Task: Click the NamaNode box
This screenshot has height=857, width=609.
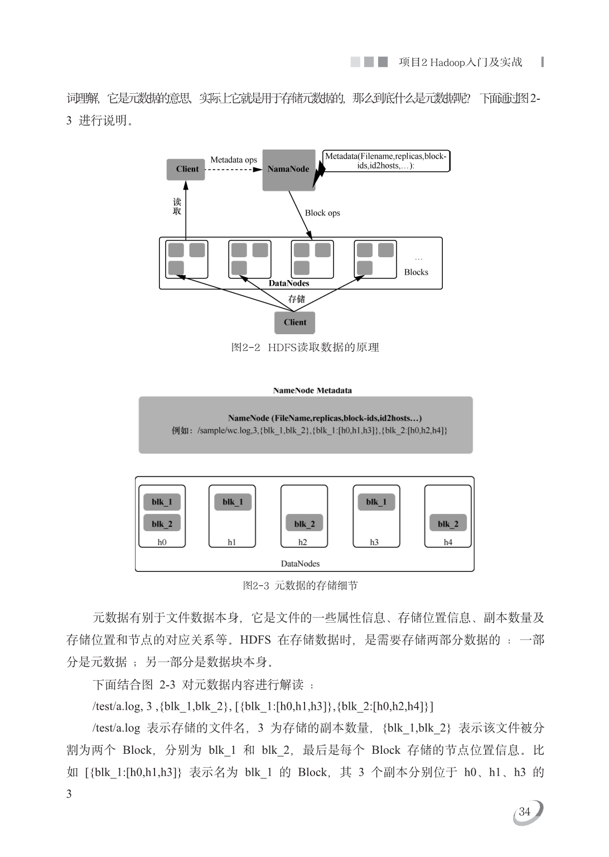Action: (289, 170)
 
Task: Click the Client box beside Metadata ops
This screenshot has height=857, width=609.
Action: (186, 170)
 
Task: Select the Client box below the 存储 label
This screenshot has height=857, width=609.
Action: (294, 322)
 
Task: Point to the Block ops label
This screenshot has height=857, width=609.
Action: (322, 213)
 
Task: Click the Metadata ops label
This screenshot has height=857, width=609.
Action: (233, 160)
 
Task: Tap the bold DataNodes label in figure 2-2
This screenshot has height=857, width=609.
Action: (289, 283)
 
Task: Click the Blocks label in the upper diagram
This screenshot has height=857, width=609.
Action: (416, 272)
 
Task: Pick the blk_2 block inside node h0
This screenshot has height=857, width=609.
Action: (162, 523)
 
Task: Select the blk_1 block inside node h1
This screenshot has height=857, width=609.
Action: (233, 502)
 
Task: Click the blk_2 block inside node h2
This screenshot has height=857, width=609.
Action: (304, 523)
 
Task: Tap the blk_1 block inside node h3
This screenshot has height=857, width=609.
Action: (376, 502)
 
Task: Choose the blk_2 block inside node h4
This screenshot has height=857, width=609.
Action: (448, 523)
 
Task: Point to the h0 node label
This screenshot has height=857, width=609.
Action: (162, 542)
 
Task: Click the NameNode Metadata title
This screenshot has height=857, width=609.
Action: (312, 391)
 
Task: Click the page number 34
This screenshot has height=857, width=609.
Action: (524, 811)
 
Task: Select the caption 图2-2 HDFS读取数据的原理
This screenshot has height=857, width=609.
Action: (305, 348)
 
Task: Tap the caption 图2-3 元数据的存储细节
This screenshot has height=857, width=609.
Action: (300, 585)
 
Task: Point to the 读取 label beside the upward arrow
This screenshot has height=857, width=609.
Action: (177, 206)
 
